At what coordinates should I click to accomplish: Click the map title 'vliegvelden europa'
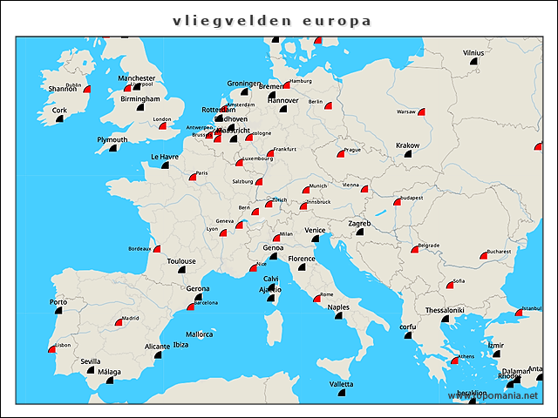271,21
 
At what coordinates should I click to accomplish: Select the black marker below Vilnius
473,63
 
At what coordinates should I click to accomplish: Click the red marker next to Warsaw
421,112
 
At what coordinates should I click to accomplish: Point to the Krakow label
407,145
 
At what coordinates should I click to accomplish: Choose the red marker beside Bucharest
483,256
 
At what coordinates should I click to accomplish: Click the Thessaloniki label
445,310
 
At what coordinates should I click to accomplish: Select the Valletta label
341,384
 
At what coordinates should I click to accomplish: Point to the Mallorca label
199,334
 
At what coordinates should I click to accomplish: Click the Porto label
58,302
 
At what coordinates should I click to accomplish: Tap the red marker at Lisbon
51,349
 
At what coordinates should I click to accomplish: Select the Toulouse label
181,260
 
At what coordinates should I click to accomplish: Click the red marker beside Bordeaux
157,249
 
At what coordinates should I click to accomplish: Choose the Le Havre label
165,158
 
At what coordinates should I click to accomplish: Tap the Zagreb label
359,224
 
